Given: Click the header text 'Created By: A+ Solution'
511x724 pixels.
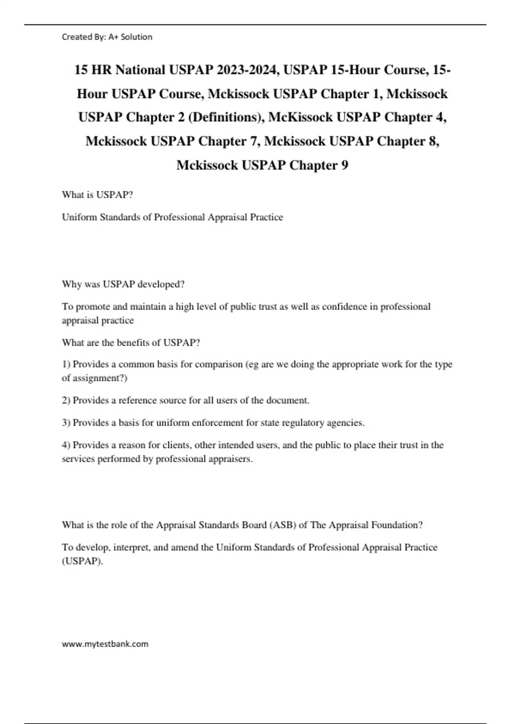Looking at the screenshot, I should tap(107, 37).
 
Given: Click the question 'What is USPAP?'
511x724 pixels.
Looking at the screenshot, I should tap(98, 195).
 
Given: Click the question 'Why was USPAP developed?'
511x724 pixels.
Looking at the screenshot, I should tap(123, 284).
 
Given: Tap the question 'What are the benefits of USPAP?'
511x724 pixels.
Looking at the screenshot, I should tap(131, 343).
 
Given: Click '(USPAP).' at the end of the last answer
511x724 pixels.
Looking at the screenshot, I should tap(83, 561).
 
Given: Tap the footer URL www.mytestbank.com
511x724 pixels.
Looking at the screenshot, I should tap(105, 644).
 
